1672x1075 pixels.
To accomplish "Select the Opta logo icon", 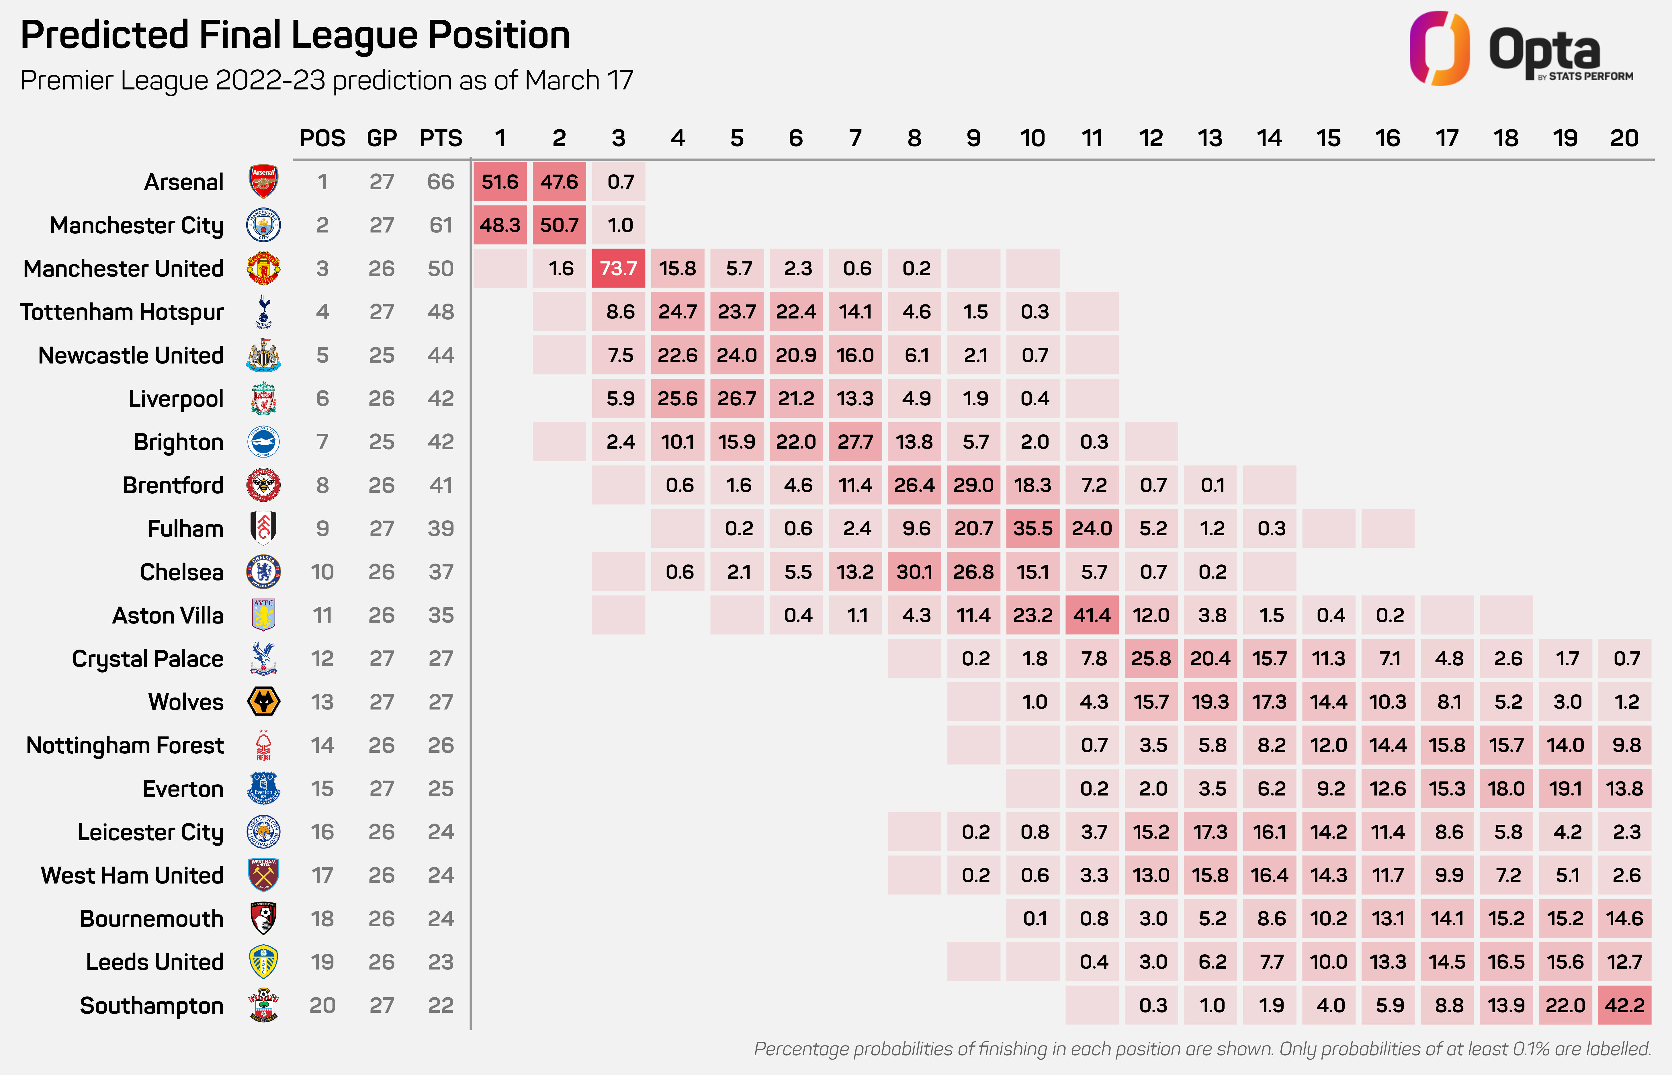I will pos(1439,48).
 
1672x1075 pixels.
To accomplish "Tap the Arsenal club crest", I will pos(264,181).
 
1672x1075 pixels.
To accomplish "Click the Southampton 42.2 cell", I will pos(1624,1005).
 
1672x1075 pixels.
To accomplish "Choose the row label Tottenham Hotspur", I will pos(122,312).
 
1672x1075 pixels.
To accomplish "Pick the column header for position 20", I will pos(1624,138).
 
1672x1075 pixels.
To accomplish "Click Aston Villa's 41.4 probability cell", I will pos(1092,615).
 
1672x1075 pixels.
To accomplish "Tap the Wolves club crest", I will pos(264,701).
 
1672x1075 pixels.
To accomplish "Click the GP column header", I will pos(382,138).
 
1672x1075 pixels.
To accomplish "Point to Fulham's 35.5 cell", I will pos(1033,528).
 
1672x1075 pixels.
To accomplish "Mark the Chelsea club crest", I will pos(264,572).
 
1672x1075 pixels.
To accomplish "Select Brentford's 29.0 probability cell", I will pos(973,485).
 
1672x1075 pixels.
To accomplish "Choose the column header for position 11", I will pos(1092,138).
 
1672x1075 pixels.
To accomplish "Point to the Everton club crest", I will pos(264,788).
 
